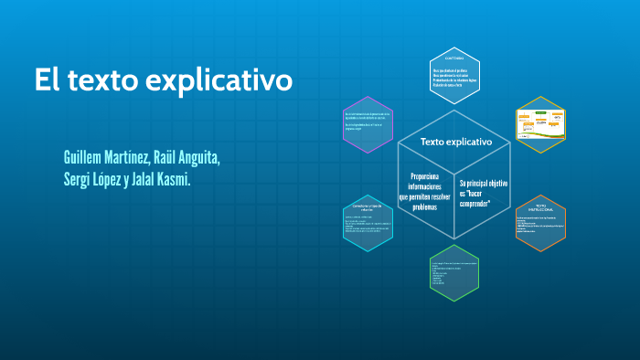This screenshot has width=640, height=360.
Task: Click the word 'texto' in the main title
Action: click(108, 80)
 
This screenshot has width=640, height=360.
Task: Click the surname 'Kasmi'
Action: click(170, 179)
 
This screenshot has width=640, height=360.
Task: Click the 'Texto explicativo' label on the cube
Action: click(455, 143)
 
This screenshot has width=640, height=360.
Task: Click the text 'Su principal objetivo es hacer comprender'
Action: click(483, 193)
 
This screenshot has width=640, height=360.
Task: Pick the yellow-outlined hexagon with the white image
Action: click(541, 124)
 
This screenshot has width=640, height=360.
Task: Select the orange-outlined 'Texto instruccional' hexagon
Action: click(541, 223)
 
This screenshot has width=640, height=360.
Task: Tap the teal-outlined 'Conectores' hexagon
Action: click(368, 223)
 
